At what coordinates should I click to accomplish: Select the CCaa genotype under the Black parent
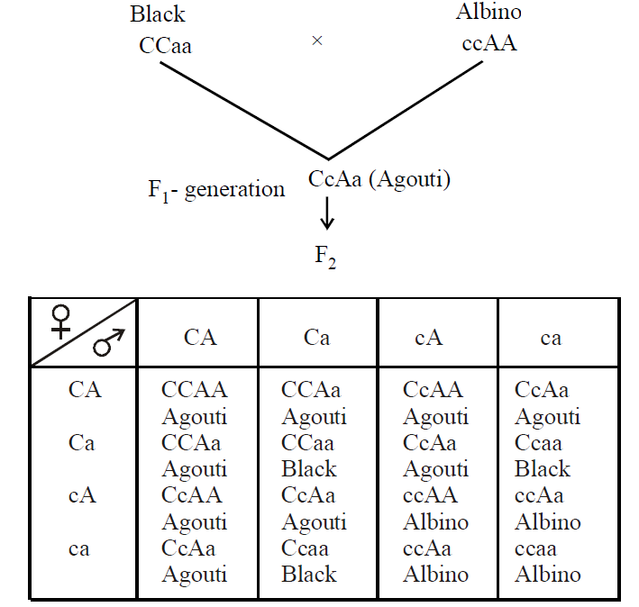coord(166,45)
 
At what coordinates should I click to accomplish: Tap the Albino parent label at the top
coord(488,12)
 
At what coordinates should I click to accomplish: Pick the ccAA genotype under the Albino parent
coord(488,42)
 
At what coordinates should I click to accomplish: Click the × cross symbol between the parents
coord(316,41)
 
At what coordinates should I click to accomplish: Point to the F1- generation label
coord(216,190)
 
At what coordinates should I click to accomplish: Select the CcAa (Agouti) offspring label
coord(379,178)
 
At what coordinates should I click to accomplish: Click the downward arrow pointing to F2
coord(327,213)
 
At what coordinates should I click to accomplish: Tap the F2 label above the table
coord(325,256)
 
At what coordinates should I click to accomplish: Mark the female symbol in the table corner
coord(62,320)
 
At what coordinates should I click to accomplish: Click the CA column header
coord(200,338)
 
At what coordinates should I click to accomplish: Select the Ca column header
coord(316,338)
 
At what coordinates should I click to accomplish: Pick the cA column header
coord(428,338)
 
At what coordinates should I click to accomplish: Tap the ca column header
coord(551,338)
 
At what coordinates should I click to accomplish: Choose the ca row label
coord(79,548)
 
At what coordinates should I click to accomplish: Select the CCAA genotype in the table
coord(195,390)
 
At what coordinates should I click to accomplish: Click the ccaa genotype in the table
coord(535,548)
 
